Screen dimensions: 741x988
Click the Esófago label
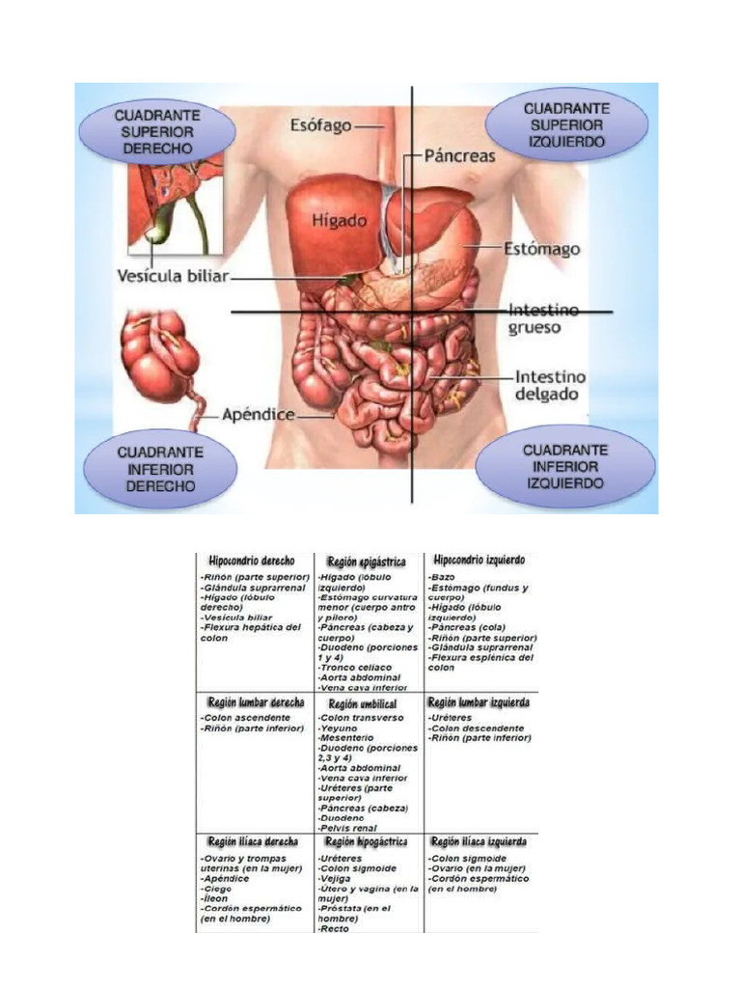pyautogui.click(x=321, y=125)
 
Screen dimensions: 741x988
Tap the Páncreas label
pyautogui.click(x=459, y=154)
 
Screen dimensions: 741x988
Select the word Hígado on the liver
pyautogui.click(x=338, y=221)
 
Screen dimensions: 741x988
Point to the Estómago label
pyautogui.click(x=541, y=249)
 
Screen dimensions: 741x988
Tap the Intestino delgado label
pyautogui.click(x=550, y=385)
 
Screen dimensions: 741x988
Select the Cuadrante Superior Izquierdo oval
pyautogui.click(x=564, y=124)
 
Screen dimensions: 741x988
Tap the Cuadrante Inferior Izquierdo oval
pyautogui.click(x=564, y=466)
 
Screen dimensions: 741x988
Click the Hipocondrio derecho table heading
pyautogui.click(x=252, y=560)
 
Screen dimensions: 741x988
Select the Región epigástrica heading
pyautogui.click(x=366, y=561)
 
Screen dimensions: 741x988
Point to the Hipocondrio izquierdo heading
pyautogui.click(x=480, y=560)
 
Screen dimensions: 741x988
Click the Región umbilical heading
pyautogui.click(x=363, y=705)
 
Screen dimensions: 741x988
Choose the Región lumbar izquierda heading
pyautogui.click(x=478, y=702)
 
